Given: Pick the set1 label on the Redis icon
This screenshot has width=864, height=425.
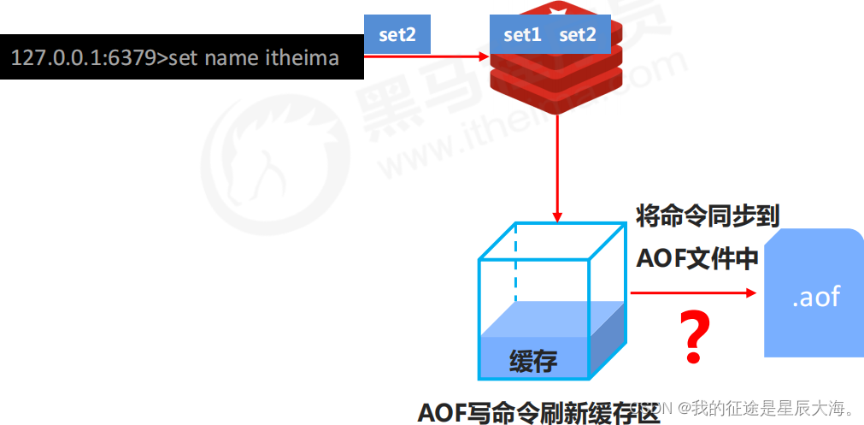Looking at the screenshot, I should [522, 35].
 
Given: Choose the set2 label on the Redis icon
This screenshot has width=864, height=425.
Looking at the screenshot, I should [578, 35].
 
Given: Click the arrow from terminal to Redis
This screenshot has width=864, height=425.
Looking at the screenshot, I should [427, 57].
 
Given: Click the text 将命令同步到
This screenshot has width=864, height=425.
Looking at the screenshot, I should [708, 215].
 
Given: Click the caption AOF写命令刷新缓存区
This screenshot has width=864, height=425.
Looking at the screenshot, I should [539, 412].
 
